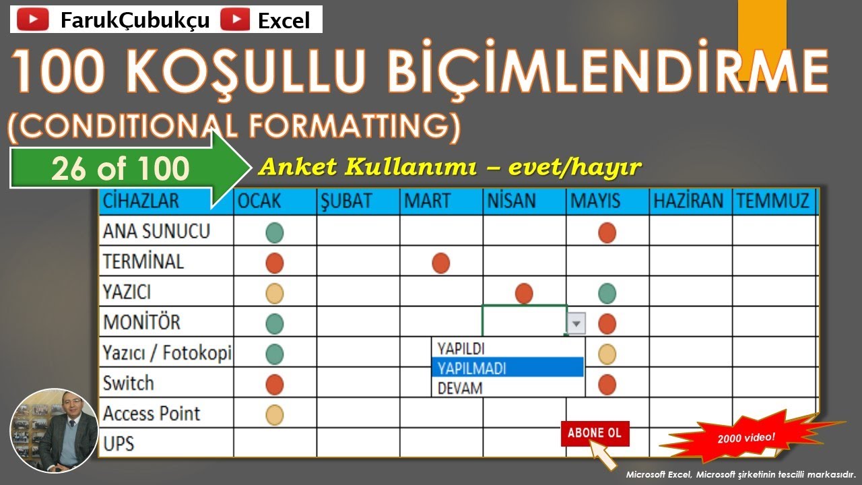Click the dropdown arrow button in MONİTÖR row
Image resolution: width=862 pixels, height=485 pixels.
pyautogui.click(x=576, y=324)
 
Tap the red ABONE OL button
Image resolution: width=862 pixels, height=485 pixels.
pyautogui.click(x=595, y=433)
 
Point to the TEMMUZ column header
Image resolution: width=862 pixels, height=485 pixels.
pyautogui.click(x=773, y=201)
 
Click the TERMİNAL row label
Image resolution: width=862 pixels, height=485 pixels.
pyautogui.click(x=143, y=261)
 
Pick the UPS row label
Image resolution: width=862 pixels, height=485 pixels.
pyautogui.click(x=119, y=443)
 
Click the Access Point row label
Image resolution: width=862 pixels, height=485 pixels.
pyautogui.click(x=152, y=413)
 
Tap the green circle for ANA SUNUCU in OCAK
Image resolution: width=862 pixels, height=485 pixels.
pyautogui.click(x=275, y=233)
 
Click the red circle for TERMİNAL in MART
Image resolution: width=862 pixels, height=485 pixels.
pyautogui.click(x=441, y=262)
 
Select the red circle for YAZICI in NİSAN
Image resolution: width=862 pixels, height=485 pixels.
pyautogui.click(x=524, y=293)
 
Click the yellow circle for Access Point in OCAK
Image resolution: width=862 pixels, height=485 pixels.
pyautogui.click(x=275, y=415)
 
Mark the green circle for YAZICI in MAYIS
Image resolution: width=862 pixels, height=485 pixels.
pyautogui.click(x=607, y=293)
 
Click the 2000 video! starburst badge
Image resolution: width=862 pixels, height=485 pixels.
pyautogui.click(x=746, y=438)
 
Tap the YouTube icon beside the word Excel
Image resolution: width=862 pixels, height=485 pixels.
pyautogui.click(x=236, y=20)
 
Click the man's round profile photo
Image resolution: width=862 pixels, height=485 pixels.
pyautogui.click(x=55, y=430)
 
